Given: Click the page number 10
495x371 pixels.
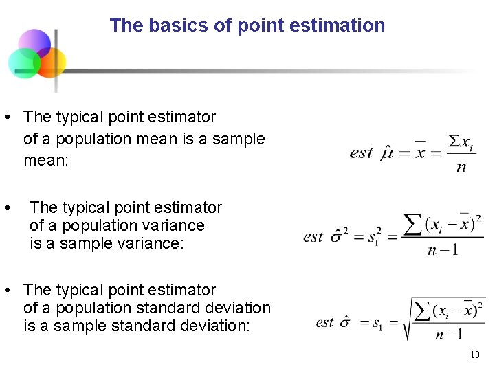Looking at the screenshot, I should [x=474, y=355].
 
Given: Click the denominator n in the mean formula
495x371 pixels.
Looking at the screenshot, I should [x=461, y=167].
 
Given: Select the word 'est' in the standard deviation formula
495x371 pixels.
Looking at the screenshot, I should [x=325, y=322].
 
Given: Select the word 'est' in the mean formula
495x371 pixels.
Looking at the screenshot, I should [x=361, y=153].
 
